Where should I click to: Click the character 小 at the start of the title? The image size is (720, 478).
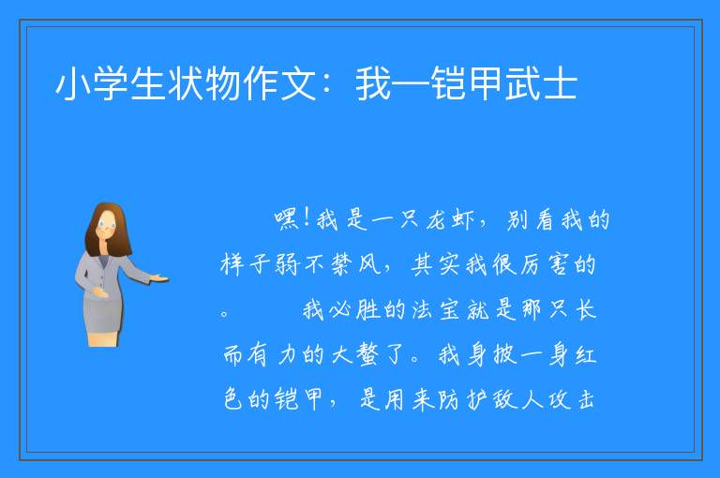pyautogui.click(x=73, y=83)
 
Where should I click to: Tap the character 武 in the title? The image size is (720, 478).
pyautogui.click(x=522, y=83)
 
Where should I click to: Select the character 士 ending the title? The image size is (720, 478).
pyautogui.click(x=561, y=83)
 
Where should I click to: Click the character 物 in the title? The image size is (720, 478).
pyautogui.click(x=223, y=83)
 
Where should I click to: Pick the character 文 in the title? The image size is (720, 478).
pyautogui.click(x=298, y=83)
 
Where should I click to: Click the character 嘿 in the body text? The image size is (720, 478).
pyautogui.click(x=288, y=219)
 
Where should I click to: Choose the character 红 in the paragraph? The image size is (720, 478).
pyautogui.click(x=586, y=355)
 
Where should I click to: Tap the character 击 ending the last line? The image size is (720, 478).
pyautogui.click(x=586, y=399)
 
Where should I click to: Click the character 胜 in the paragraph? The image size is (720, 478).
pyautogui.click(x=367, y=310)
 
